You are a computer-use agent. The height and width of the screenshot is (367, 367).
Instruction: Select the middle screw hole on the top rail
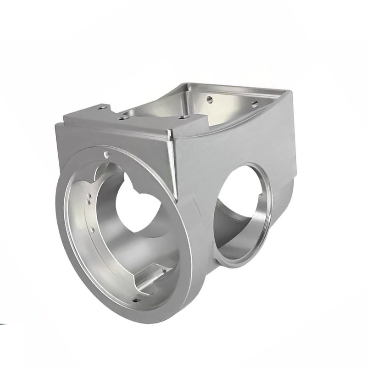[122, 118]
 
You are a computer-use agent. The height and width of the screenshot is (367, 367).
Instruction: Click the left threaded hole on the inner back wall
[210, 98]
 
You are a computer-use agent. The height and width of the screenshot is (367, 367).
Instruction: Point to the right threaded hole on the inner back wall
[253, 104]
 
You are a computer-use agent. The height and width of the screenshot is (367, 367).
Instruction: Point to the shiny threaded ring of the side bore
[257, 229]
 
